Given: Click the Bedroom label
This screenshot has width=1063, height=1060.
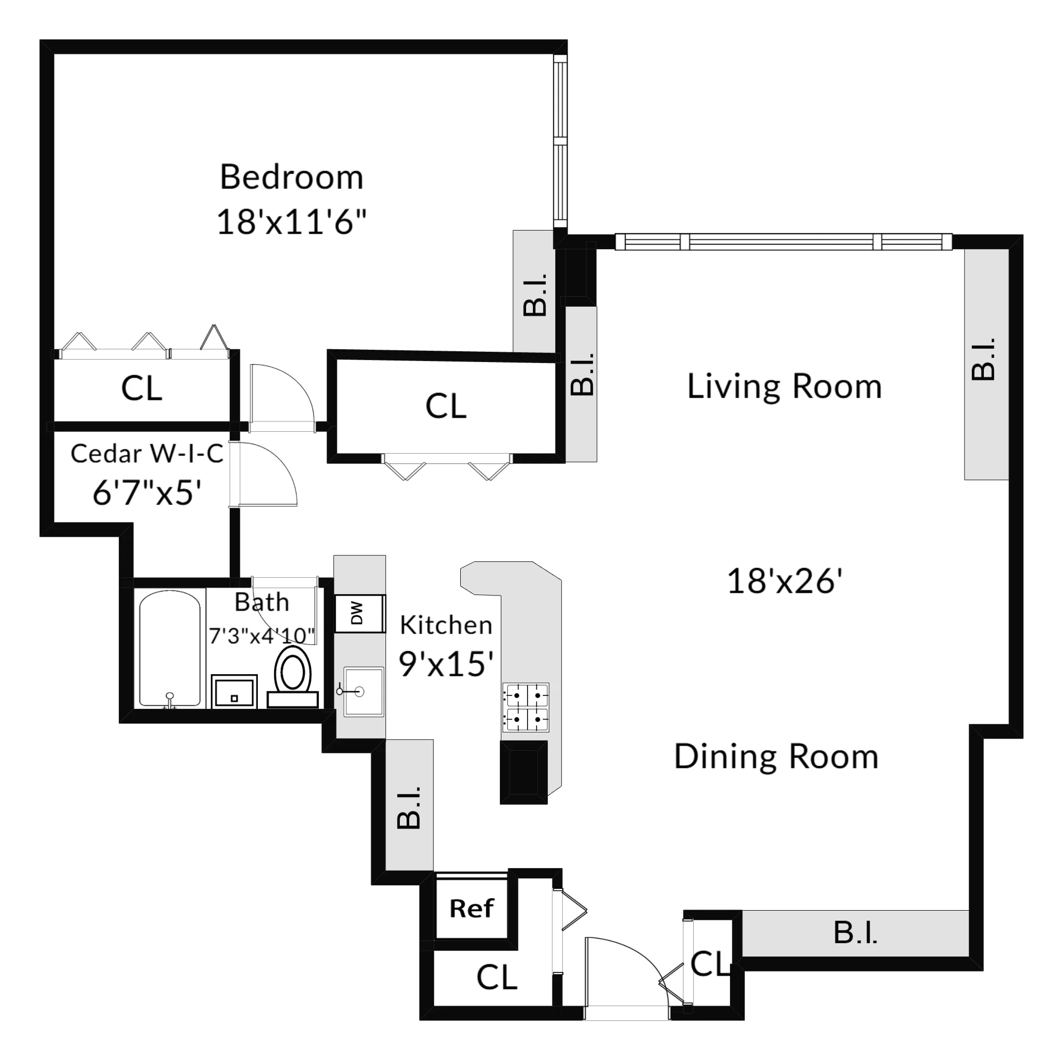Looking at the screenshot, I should point(291,177).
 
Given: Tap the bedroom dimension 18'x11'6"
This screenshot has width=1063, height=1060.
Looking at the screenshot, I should point(291,222).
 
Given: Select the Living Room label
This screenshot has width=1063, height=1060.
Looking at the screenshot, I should point(784,386).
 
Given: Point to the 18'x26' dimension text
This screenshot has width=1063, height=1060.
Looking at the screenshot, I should point(784,581).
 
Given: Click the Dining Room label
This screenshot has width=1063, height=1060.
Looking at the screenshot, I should point(776,757).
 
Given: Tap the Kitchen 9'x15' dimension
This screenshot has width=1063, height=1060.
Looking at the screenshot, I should point(446,664).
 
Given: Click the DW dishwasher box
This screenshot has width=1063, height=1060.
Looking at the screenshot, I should point(359,613).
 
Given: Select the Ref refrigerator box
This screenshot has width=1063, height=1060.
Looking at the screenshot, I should point(472,908).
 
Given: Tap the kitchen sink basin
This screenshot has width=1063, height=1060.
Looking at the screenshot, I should point(363,691).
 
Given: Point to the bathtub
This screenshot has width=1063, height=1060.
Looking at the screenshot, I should point(169,649).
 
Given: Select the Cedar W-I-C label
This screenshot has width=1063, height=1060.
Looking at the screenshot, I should point(147,454).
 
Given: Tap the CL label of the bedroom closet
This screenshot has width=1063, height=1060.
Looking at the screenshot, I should point(142,388).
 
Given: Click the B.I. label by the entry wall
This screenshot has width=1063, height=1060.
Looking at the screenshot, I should point(855,933).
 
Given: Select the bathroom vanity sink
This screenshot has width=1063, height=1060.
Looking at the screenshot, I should point(235,691).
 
